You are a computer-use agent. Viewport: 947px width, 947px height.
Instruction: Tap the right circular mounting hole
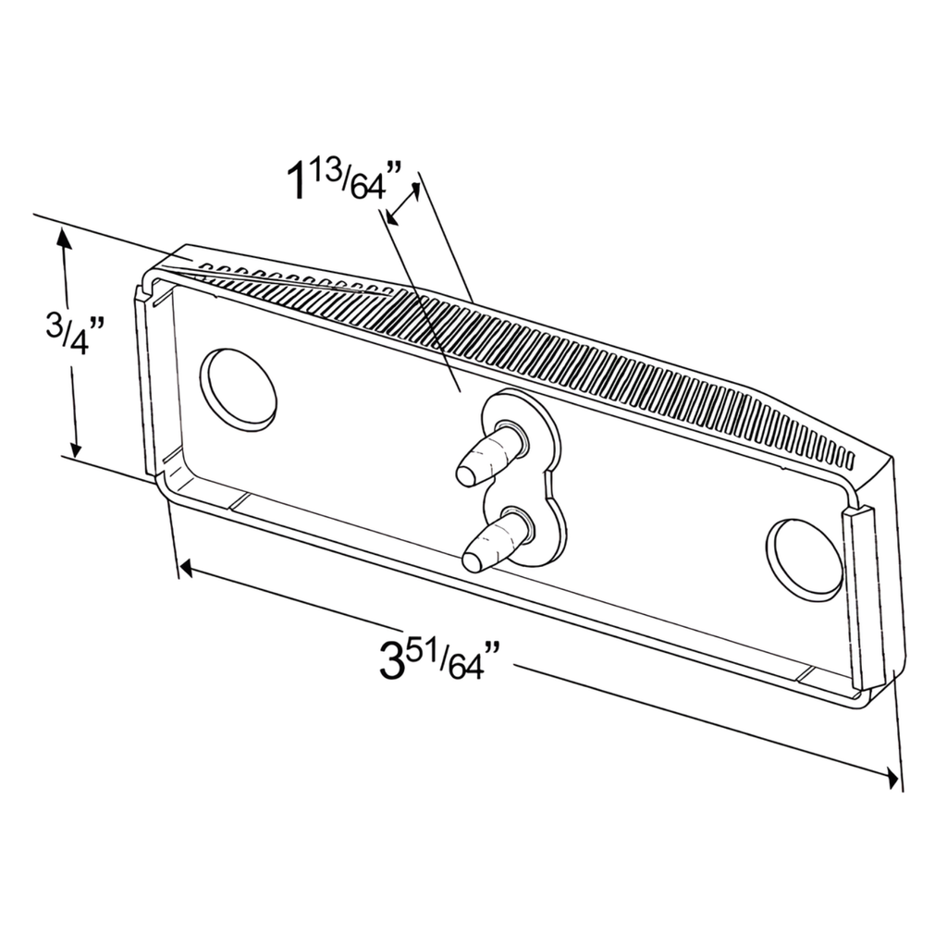805,560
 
